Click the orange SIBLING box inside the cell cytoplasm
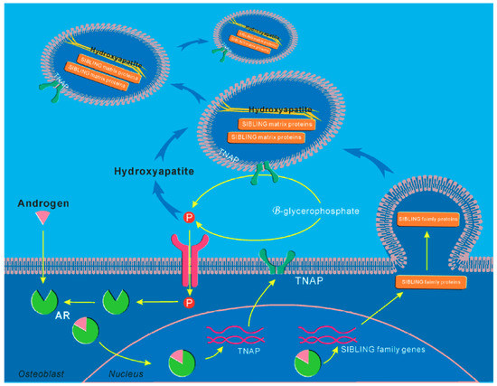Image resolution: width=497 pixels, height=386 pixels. point(429,281)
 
